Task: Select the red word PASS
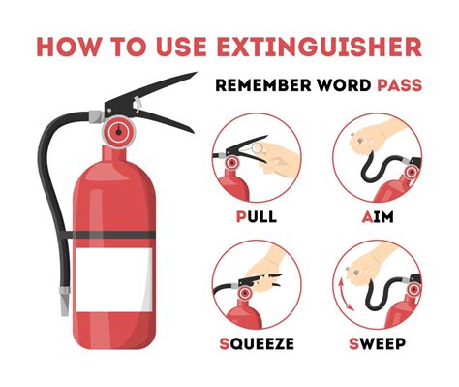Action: (400, 86)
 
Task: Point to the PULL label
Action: (258, 214)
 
